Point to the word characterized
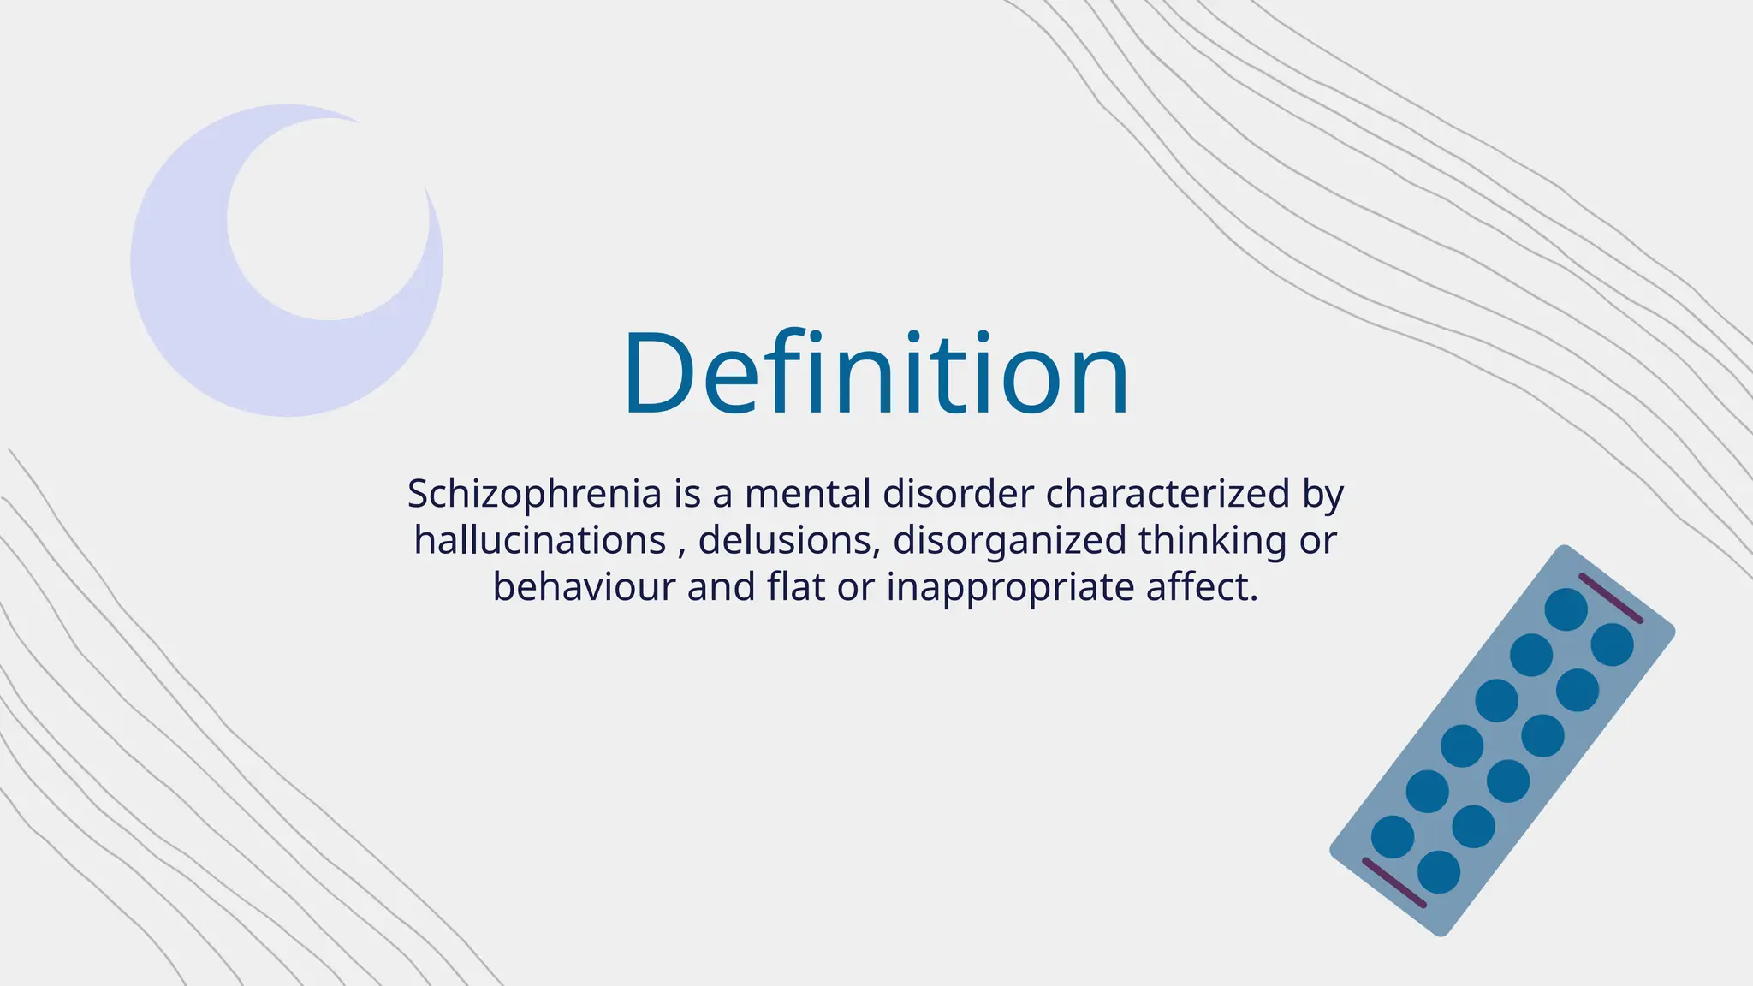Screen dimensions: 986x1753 1168,494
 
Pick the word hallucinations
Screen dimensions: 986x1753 540,541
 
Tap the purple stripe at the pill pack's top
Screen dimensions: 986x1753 1610,597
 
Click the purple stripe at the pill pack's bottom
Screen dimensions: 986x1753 1393,882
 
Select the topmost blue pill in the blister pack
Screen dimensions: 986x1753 1566,609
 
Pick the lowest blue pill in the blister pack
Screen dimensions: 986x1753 1438,872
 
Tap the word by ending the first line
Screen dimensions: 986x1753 1322,495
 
